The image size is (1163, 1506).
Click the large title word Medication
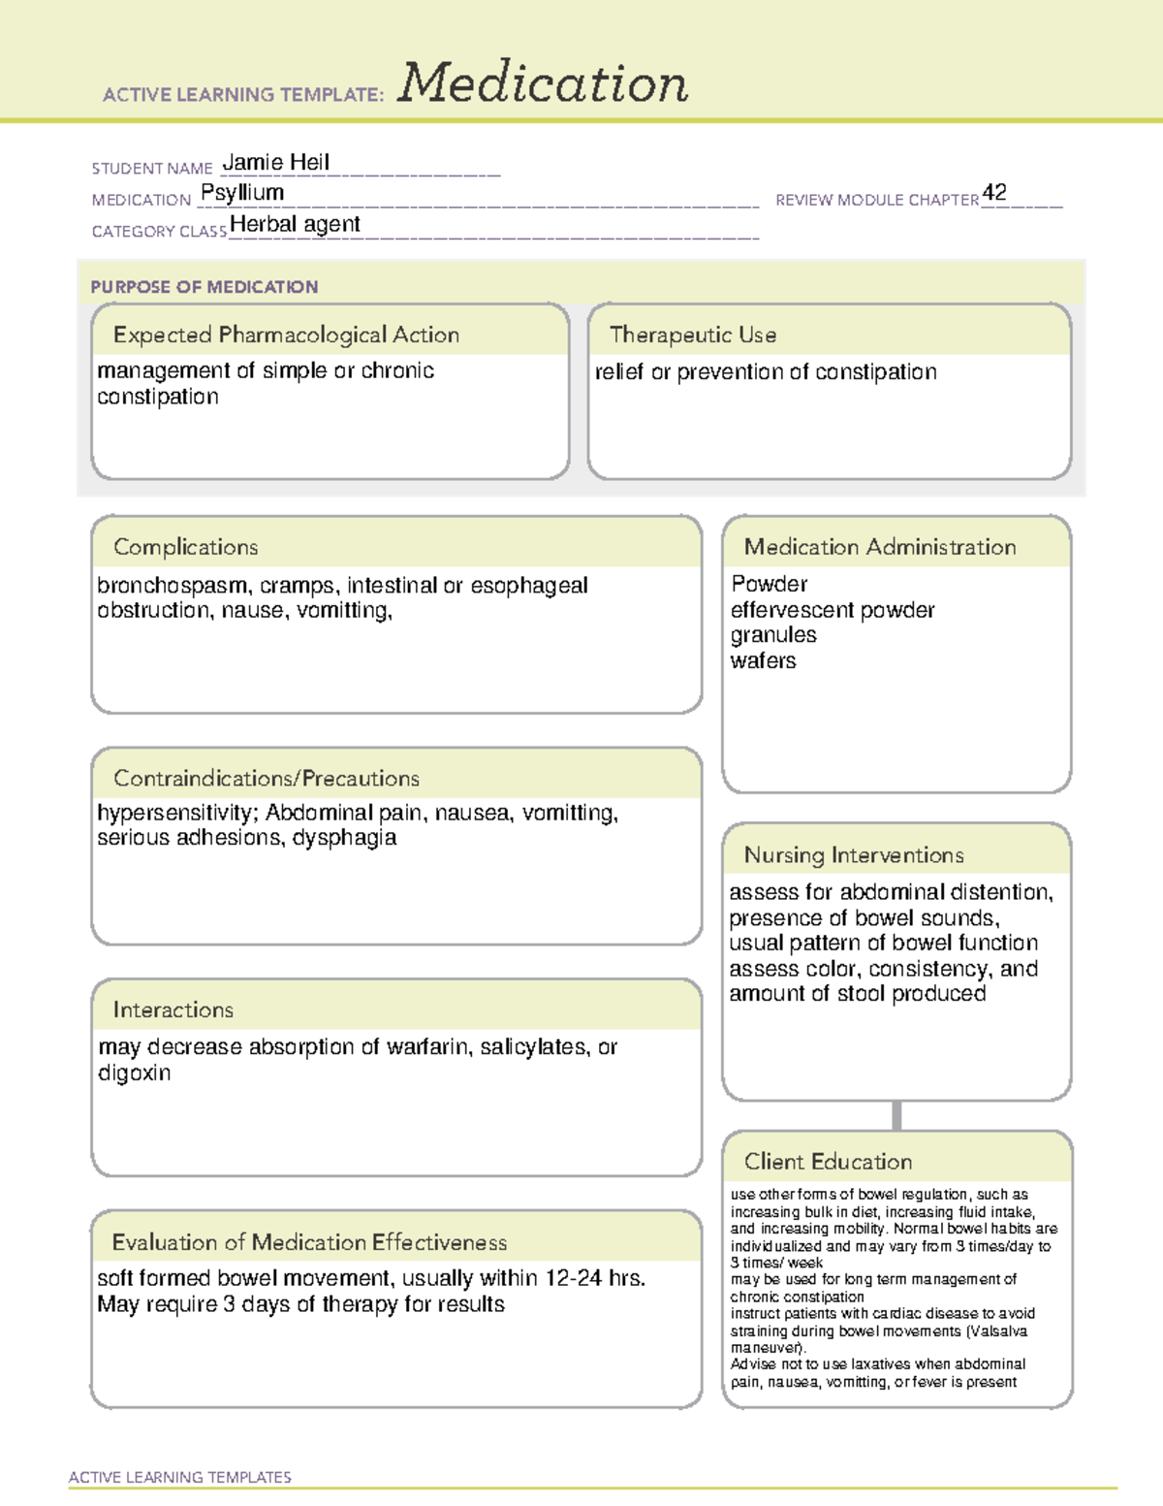pos(543,83)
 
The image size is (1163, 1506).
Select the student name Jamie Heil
pos(276,162)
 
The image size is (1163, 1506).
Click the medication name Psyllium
pos(242,192)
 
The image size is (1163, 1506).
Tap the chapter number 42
pos(994,192)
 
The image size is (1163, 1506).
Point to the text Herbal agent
pos(295,224)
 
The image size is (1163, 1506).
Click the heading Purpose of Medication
pos(204,287)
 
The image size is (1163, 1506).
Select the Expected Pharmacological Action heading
pos(286,335)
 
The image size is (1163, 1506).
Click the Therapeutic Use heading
pos(692,335)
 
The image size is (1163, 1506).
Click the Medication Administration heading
pos(879,547)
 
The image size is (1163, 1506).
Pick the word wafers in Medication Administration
pos(763,660)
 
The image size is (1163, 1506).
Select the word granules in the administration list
pos(773,635)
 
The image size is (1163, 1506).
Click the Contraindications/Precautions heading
pos(267,778)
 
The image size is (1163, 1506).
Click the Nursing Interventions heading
pos(853,854)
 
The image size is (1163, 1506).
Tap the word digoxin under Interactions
pos(134,1073)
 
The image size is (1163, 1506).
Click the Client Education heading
pos(828,1161)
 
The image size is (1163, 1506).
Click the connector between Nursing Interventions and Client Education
pos(896,1115)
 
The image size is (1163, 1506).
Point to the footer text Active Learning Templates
pos(180,1477)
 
